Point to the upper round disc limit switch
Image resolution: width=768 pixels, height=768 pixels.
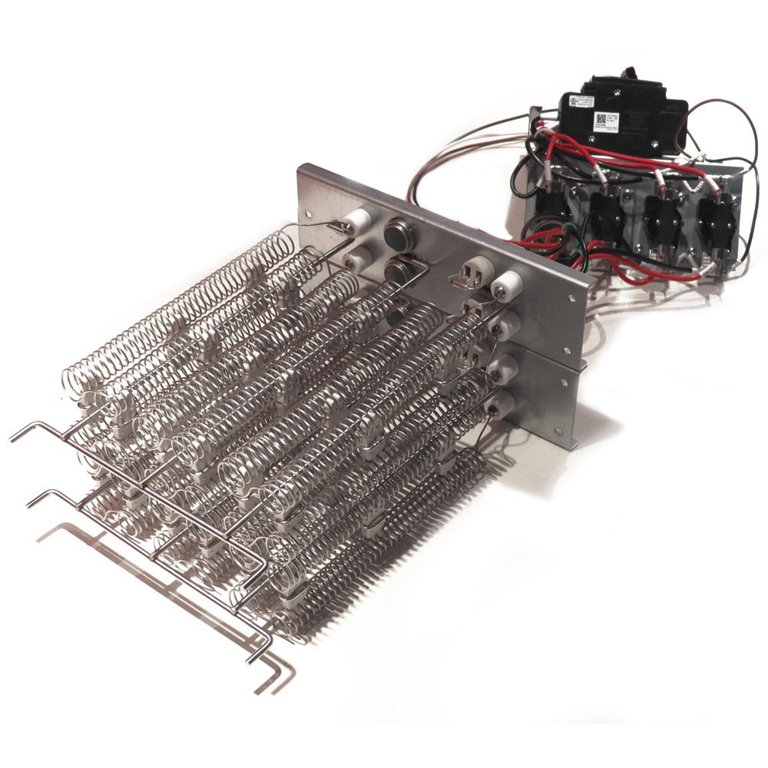[x=399, y=233]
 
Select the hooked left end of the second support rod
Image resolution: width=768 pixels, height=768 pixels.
[x=32, y=503]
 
